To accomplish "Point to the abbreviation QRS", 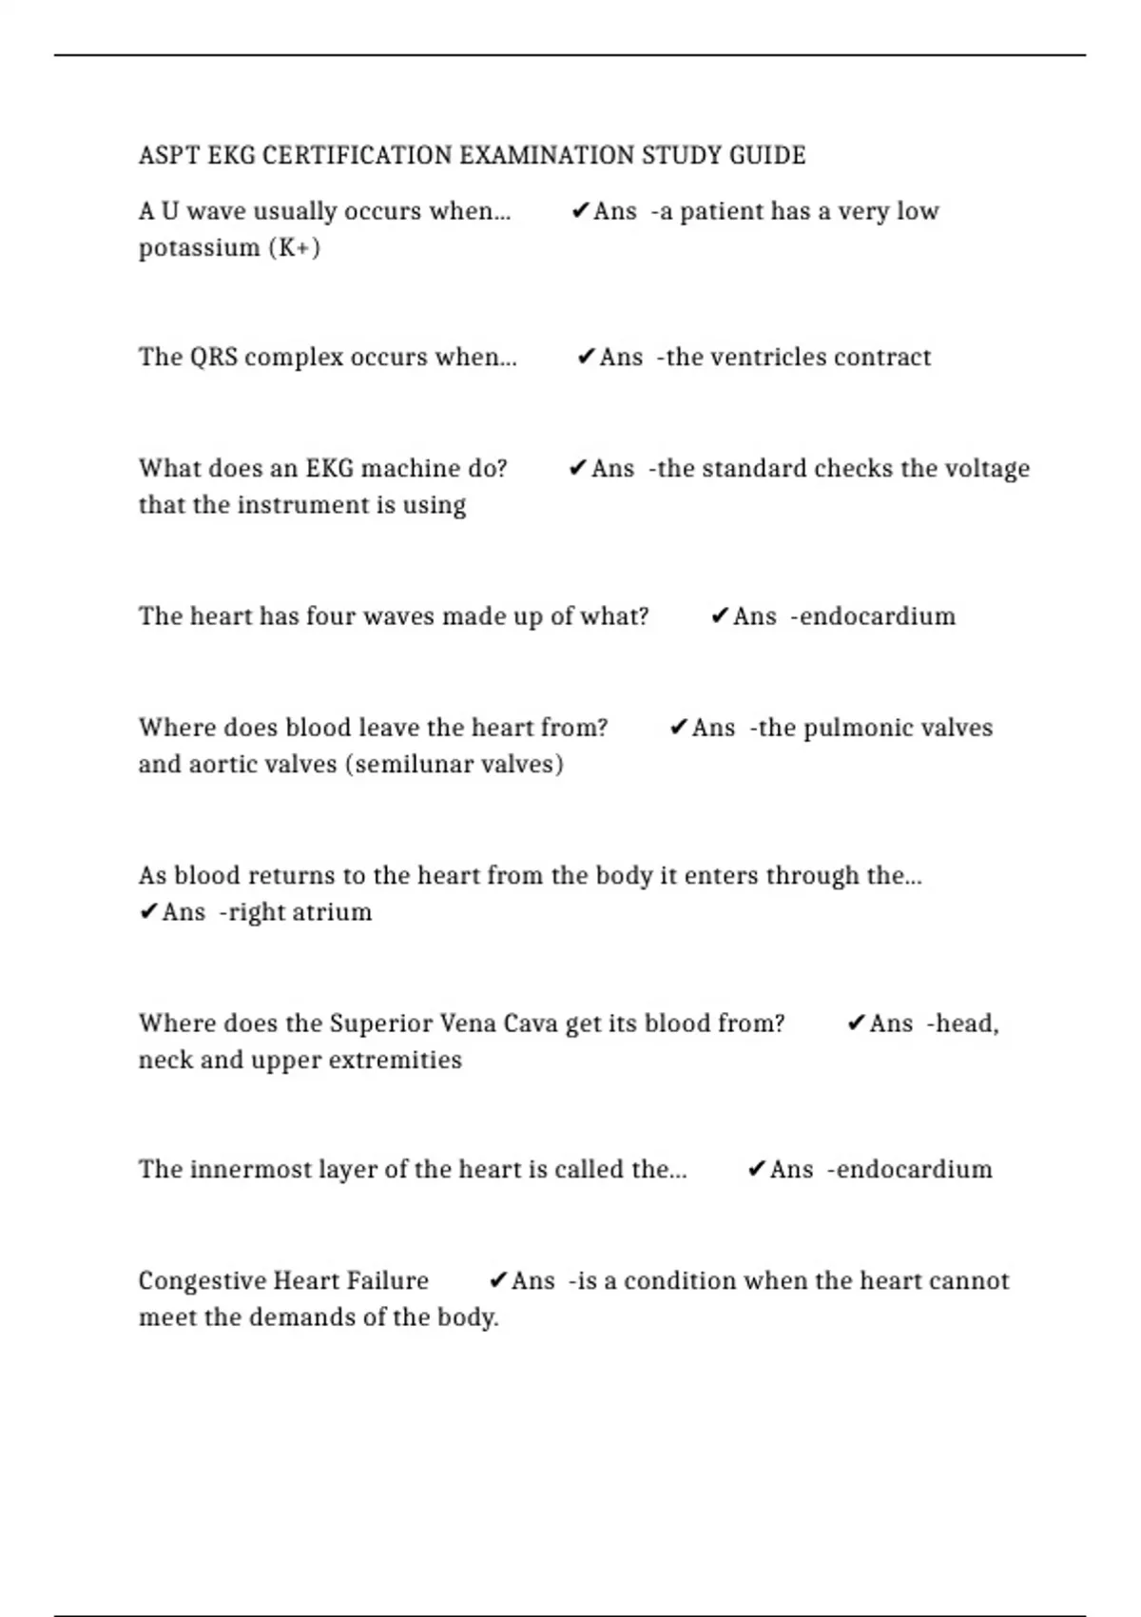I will pyautogui.click(x=214, y=358).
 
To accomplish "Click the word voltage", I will pyautogui.click(x=987, y=469).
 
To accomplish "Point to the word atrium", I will pyautogui.click(x=335, y=912).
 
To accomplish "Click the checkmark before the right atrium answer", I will pyautogui.click(x=147, y=912).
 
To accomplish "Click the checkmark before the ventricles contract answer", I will pyautogui.click(x=585, y=358).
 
